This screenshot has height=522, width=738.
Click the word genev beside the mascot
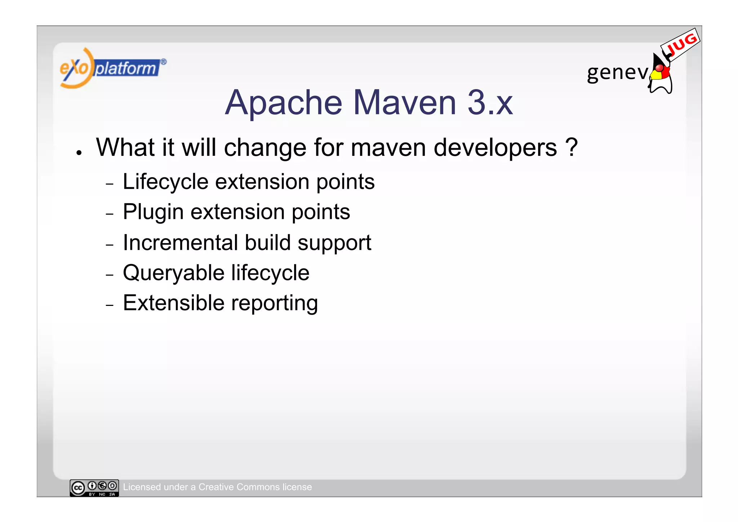point(617,73)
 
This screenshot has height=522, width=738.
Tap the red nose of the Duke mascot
point(659,68)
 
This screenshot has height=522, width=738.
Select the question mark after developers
point(571,147)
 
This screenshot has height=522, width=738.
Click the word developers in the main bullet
point(495,148)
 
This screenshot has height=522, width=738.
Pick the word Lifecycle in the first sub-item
point(165,181)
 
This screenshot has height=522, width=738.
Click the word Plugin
point(153,212)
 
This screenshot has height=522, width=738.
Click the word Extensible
point(174,303)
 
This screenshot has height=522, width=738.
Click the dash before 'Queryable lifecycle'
point(110,275)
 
